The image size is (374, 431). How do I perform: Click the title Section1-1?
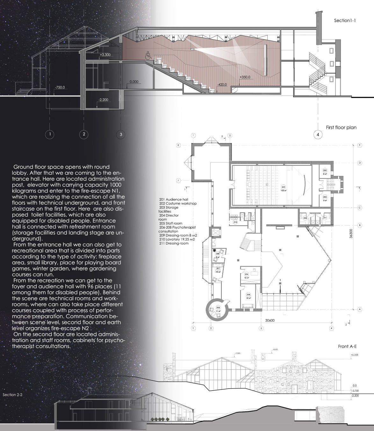(x=345, y=20)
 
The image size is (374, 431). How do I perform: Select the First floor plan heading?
(x=341, y=127)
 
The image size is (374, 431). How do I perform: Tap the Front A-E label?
(x=347, y=346)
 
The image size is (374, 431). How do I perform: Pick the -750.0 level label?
(x=60, y=87)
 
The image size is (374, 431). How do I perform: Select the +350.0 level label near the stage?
(x=245, y=77)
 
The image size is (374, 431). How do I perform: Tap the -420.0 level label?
(x=222, y=85)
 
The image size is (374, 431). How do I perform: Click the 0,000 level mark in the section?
(x=134, y=82)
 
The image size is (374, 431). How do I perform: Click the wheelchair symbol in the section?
(x=148, y=56)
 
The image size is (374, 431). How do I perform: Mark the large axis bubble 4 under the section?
(x=318, y=135)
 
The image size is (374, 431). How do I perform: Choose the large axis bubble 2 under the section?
(x=84, y=134)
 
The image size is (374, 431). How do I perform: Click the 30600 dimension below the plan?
(x=270, y=321)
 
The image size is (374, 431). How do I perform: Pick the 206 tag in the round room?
(x=218, y=308)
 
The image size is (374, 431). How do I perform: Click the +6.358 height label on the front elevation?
(x=354, y=354)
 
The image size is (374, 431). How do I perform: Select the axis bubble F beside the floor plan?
(x=178, y=180)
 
